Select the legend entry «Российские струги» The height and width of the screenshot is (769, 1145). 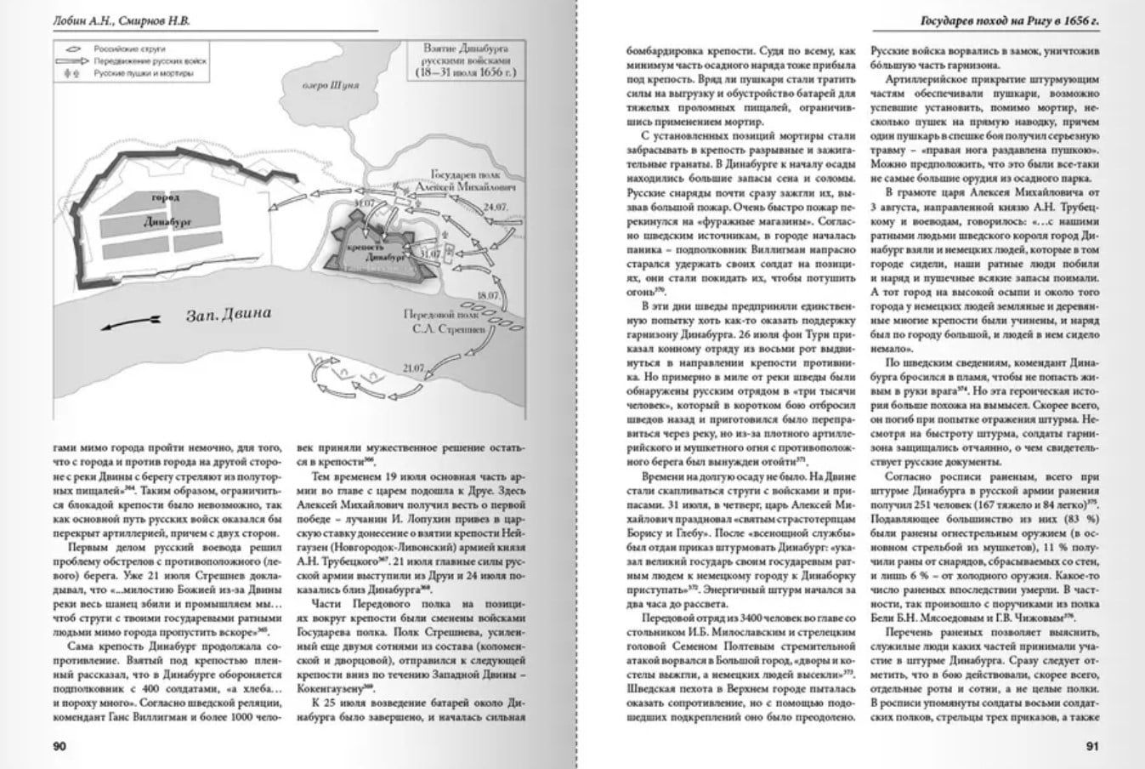pos(128,49)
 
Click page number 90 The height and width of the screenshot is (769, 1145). pos(60,748)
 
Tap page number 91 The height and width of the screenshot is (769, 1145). pos(1093,748)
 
